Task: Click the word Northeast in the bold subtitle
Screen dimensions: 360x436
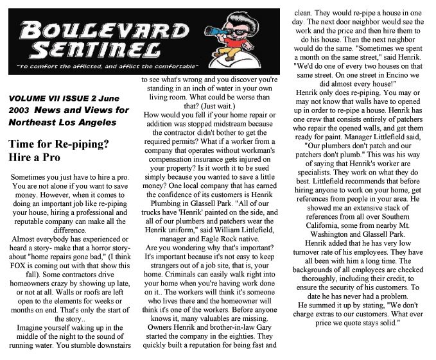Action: coord(37,123)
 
